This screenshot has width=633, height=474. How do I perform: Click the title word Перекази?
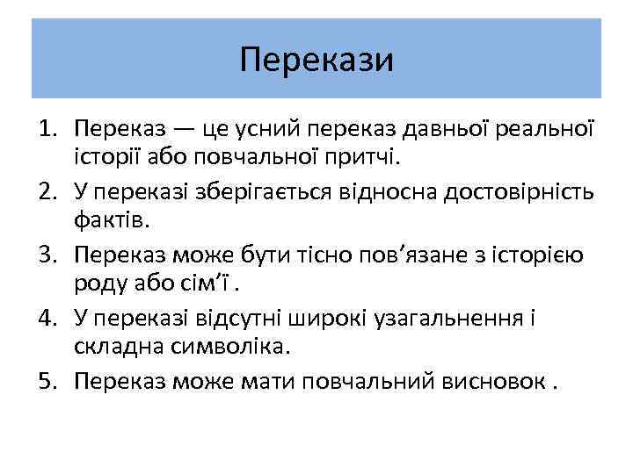[316, 60]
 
